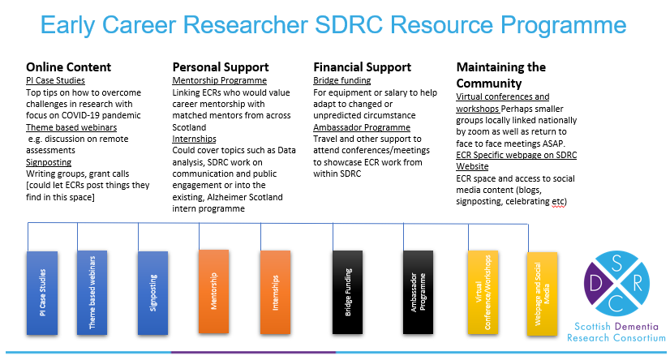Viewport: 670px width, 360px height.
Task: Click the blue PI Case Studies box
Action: tap(42, 293)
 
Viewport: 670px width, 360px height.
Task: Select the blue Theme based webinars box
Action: tap(92, 293)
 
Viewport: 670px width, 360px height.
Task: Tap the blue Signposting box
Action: tap(152, 293)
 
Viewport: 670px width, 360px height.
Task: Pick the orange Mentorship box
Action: tap(213, 291)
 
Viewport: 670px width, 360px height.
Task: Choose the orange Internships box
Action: tap(275, 292)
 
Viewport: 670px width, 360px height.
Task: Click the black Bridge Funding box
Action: tap(347, 292)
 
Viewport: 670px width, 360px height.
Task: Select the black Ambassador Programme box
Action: tap(418, 292)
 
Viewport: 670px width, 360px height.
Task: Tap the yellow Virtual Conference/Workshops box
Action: tap(483, 292)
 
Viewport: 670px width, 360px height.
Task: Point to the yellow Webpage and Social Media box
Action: tap(542, 294)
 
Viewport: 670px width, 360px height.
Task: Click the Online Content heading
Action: tap(68, 67)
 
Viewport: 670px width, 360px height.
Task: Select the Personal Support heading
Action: tap(221, 67)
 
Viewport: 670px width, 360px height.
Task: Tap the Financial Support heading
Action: tap(363, 67)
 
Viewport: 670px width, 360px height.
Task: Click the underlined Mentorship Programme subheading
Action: tap(220, 80)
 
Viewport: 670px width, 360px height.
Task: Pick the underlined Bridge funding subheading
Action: tap(341, 80)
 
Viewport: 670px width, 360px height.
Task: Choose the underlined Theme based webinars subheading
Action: tap(71, 127)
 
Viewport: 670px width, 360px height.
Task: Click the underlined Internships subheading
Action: tap(194, 139)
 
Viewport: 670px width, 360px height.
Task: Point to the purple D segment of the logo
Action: tap(595, 283)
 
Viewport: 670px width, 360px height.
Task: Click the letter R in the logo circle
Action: tap(638, 283)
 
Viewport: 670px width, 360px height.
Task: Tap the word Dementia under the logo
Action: tap(637, 327)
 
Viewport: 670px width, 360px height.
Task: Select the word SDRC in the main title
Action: tap(348, 24)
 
